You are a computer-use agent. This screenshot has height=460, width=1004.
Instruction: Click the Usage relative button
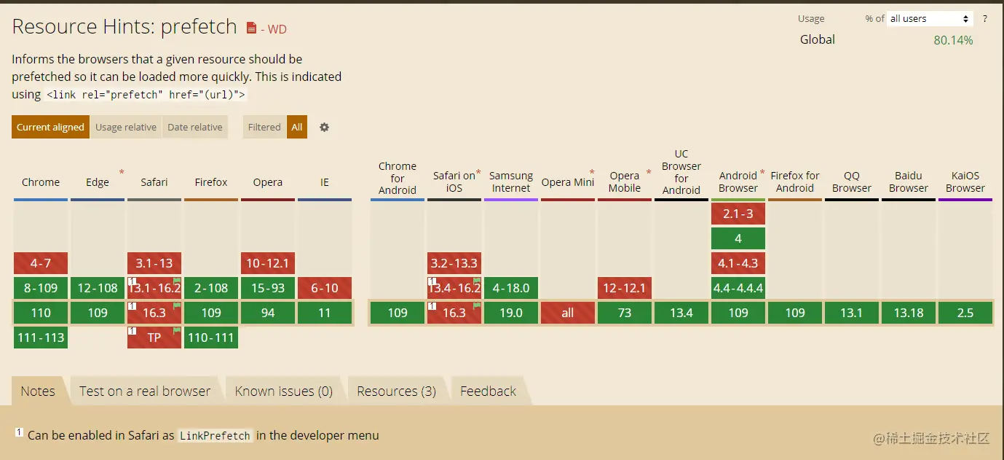click(x=126, y=127)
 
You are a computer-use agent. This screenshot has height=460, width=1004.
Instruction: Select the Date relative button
click(x=195, y=127)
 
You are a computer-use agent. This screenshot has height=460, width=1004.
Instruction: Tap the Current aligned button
click(x=50, y=127)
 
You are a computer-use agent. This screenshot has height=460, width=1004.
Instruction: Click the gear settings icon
click(x=325, y=127)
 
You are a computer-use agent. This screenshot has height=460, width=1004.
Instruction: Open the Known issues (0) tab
click(x=283, y=391)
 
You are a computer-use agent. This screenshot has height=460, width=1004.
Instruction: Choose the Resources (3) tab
click(x=396, y=391)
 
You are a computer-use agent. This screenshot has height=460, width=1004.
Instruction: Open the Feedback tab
click(x=488, y=391)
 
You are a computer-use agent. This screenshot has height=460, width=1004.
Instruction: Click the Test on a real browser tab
click(x=145, y=391)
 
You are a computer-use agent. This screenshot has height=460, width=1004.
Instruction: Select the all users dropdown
click(x=930, y=19)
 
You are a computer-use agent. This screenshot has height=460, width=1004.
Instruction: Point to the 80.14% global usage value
click(x=953, y=40)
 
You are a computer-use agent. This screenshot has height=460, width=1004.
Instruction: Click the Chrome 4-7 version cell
click(x=41, y=263)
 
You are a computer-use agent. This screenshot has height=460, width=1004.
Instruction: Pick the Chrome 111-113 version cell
click(x=41, y=338)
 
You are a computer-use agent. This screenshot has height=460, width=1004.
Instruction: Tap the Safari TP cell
click(x=154, y=338)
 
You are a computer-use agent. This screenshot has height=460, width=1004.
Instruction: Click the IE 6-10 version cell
click(x=325, y=288)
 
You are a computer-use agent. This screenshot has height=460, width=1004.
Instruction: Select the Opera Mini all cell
click(x=568, y=313)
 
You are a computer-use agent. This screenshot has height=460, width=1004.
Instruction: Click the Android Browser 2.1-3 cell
click(x=738, y=214)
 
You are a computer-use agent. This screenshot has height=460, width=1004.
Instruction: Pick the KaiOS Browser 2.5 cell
click(x=965, y=313)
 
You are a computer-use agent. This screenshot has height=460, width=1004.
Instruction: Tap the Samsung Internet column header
click(x=511, y=182)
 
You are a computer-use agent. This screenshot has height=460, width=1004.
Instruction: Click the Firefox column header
click(x=211, y=182)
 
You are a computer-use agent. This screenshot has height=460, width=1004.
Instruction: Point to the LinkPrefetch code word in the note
click(x=215, y=436)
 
